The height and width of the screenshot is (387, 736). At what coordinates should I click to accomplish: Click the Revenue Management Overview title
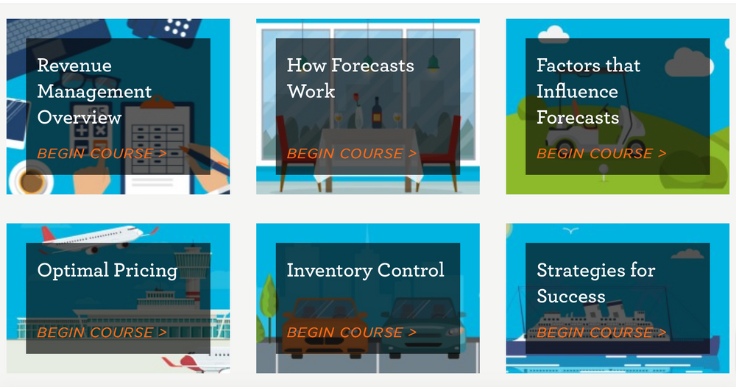pos(94,91)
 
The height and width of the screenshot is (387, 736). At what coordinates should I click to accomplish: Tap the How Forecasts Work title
pos(350,78)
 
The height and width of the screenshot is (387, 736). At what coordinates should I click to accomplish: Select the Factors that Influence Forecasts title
pos(588,91)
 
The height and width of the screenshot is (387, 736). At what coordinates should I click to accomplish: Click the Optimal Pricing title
pos(107,270)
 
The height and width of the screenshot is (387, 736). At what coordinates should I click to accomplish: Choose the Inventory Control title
pos(365,270)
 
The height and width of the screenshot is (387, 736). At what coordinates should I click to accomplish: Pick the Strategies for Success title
pos(595,283)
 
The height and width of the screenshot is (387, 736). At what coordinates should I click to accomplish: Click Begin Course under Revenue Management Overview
pos(102,154)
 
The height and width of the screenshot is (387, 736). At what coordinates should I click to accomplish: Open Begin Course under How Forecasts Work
pos(352,154)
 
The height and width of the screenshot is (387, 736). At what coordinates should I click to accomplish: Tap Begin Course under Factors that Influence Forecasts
pos(601,154)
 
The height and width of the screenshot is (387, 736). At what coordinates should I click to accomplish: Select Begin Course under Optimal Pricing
pos(102,333)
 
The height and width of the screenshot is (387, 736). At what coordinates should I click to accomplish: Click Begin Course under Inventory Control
pos(352,333)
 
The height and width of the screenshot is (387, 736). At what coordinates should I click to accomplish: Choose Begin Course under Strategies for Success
pos(601,333)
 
